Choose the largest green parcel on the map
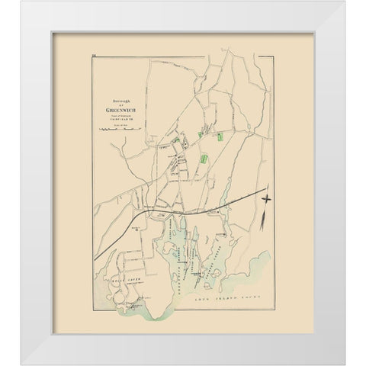204,159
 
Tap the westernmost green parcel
177,142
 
